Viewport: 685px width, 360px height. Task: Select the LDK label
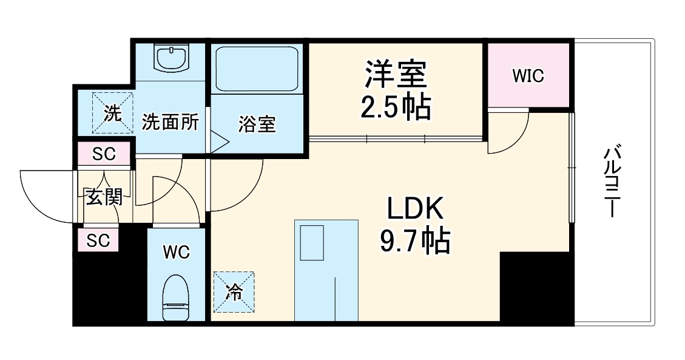(416, 209)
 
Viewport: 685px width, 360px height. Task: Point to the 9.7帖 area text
(416, 242)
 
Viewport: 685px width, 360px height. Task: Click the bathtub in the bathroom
(256, 67)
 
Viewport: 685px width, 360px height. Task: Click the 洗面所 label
(170, 122)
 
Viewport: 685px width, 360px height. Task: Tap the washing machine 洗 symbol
(112, 112)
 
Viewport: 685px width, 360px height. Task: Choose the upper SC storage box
(104, 154)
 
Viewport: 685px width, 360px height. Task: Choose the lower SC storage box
(98, 240)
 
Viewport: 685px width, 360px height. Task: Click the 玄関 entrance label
(104, 197)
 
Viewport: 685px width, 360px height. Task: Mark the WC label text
(176, 251)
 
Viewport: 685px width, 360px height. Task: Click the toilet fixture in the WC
(176, 297)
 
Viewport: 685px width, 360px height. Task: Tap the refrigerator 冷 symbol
(234, 292)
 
